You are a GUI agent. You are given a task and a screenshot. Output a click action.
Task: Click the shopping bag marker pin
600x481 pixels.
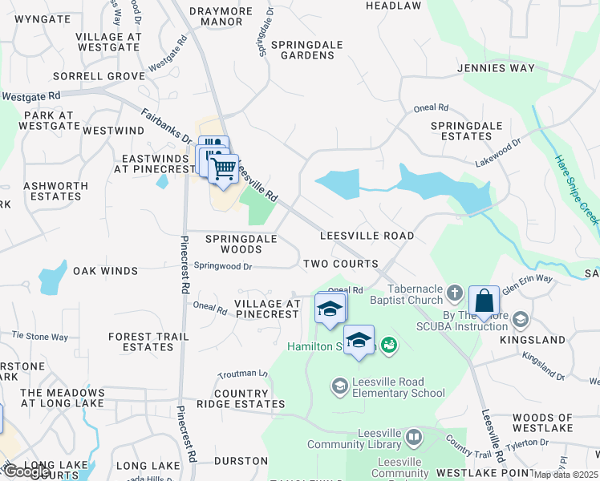click(x=484, y=302)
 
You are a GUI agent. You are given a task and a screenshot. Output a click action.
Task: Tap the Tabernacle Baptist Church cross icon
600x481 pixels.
click(x=454, y=292)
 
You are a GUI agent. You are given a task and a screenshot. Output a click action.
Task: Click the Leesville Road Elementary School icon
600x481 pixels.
click(x=339, y=387)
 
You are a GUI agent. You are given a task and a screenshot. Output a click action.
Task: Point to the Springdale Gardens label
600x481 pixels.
click(x=302, y=50)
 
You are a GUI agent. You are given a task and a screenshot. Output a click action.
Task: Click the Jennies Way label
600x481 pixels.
click(x=496, y=68)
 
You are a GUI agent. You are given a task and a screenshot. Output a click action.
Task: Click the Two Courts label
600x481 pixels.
click(x=341, y=264)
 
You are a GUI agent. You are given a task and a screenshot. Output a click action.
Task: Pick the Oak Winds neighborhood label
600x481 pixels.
click(x=106, y=271)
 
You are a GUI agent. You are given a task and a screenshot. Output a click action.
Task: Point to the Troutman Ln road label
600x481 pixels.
click(x=242, y=374)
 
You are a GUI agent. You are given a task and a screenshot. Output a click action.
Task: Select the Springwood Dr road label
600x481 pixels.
click(x=223, y=266)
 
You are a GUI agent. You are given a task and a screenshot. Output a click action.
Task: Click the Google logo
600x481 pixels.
click(x=26, y=471)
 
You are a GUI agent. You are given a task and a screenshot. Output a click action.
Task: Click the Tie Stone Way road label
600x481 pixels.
click(x=40, y=336)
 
